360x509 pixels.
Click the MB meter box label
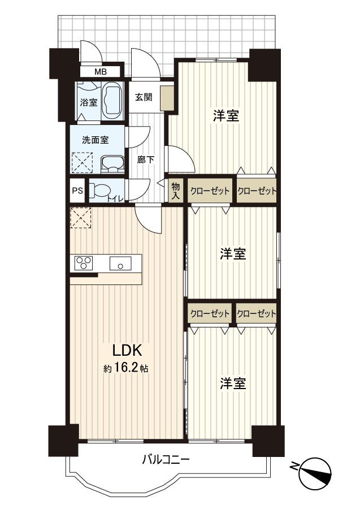[x=101, y=72]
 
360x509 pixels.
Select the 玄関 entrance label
[x=144, y=97]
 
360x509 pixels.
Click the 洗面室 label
[x=96, y=140]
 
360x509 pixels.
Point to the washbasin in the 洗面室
[x=112, y=163]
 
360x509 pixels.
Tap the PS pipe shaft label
[x=77, y=191]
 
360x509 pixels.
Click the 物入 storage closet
[x=176, y=191]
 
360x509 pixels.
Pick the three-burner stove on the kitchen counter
[x=84, y=262]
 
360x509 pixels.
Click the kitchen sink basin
[x=120, y=263]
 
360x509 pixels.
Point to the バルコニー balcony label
[x=166, y=459]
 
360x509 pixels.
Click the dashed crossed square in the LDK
[x=81, y=217]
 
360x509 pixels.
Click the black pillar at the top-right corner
[x=264, y=65]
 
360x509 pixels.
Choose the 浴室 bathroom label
[x=89, y=102]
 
